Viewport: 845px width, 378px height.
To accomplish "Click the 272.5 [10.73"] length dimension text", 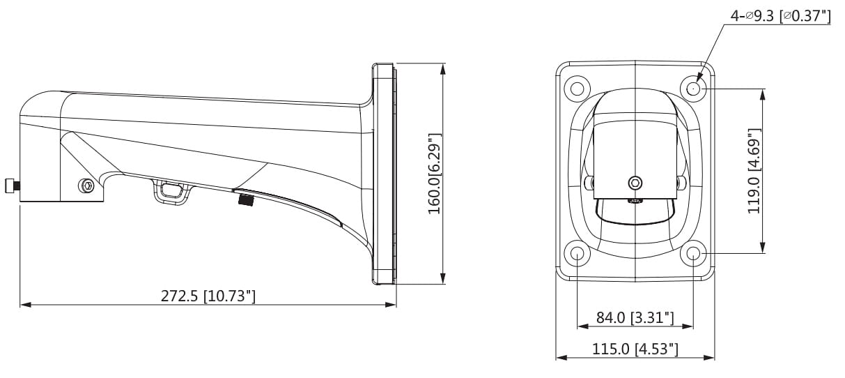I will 208,296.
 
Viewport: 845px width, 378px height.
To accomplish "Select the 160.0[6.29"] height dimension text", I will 434,172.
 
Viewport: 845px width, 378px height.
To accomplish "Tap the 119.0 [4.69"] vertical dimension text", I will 753,171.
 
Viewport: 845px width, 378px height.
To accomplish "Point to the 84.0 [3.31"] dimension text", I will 635,318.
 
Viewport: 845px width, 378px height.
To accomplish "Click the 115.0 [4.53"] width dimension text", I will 635,349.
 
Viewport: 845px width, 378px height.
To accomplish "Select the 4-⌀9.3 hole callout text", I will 780,15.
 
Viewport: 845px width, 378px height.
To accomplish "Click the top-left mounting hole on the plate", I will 577,89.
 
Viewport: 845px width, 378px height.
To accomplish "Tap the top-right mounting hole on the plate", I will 694,89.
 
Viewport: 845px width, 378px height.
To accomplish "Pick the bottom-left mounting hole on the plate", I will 577,252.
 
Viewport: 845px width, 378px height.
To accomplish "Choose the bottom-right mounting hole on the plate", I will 694,252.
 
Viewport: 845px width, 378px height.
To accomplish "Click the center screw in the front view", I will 635,183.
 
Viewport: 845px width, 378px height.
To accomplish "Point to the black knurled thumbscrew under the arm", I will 245,200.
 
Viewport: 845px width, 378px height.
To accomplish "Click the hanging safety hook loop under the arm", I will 171,190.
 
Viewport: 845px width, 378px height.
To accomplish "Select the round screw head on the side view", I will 86,186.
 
